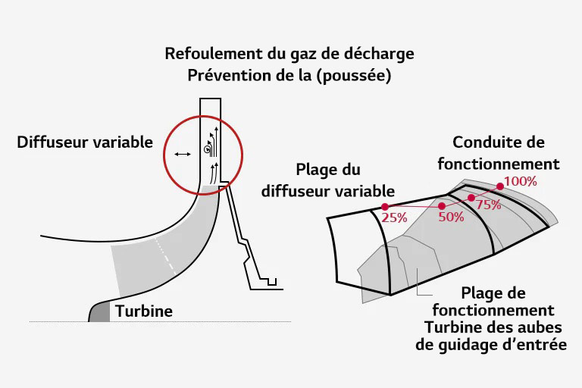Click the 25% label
click(x=395, y=217)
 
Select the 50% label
click(x=451, y=217)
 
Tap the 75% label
click(x=489, y=205)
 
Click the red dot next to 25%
click(x=385, y=207)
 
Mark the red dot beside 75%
click(x=471, y=198)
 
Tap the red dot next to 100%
click(x=500, y=186)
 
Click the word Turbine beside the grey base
click(x=144, y=311)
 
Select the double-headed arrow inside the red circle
click(x=182, y=154)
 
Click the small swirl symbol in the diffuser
click(x=207, y=151)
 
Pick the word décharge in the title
click(x=383, y=55)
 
